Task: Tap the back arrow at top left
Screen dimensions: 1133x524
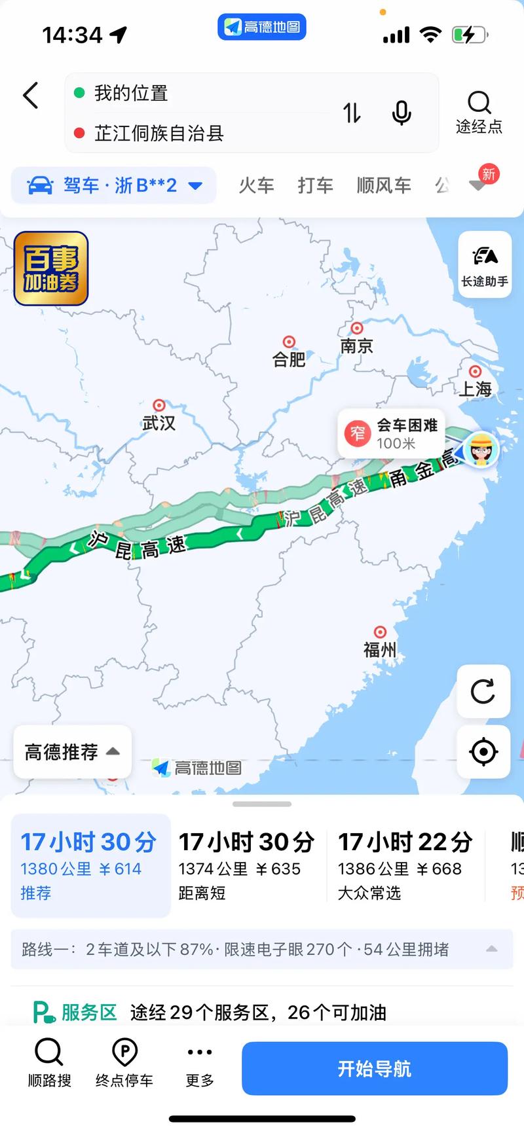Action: point(31,96)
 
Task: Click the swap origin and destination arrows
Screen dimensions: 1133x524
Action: point(352,113)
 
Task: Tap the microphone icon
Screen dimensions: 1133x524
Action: point(401,113)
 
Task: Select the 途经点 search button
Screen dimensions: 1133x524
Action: point(479,111)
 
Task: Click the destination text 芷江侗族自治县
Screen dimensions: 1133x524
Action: point(159,134)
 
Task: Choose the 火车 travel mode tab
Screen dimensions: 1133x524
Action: point(256,186)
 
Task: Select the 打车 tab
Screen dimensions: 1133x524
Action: point(315,186)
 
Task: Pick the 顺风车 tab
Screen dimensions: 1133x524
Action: point(384,186)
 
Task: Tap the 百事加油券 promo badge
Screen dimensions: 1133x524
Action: point(51,268)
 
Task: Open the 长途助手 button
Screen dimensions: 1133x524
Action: point(484,264)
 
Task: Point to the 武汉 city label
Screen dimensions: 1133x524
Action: point(159,423)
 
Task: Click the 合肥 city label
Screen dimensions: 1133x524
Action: point(289,359)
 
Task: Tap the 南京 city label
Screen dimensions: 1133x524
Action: point(356,346)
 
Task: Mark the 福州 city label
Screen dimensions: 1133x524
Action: point(380,649)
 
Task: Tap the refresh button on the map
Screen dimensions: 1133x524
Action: point(483,691)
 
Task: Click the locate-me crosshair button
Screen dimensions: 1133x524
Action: point(483,751)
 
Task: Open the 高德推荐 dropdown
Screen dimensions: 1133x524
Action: point(72,752)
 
